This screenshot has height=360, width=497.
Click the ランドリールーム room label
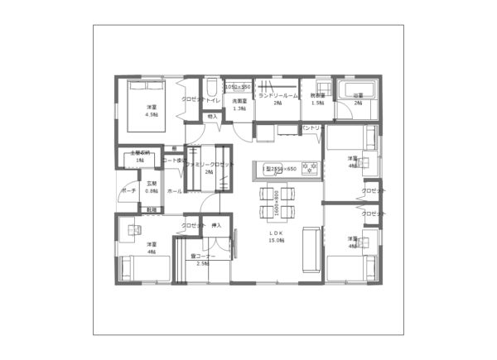[277, 96]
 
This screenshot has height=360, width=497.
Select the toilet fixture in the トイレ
[211, 88]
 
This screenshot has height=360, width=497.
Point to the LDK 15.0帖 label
[277, 236]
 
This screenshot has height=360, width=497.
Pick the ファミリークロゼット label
[210, 165]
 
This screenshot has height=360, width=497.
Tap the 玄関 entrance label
[151, 186]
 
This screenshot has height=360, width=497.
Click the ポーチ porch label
[128, 190]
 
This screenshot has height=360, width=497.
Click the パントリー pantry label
[312, 128]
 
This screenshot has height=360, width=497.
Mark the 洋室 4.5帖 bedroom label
[152, 111]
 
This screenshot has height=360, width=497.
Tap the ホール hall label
[175, 191]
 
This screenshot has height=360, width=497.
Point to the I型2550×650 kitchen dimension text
[280, 169]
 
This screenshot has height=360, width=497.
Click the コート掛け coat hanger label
[175, 160]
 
